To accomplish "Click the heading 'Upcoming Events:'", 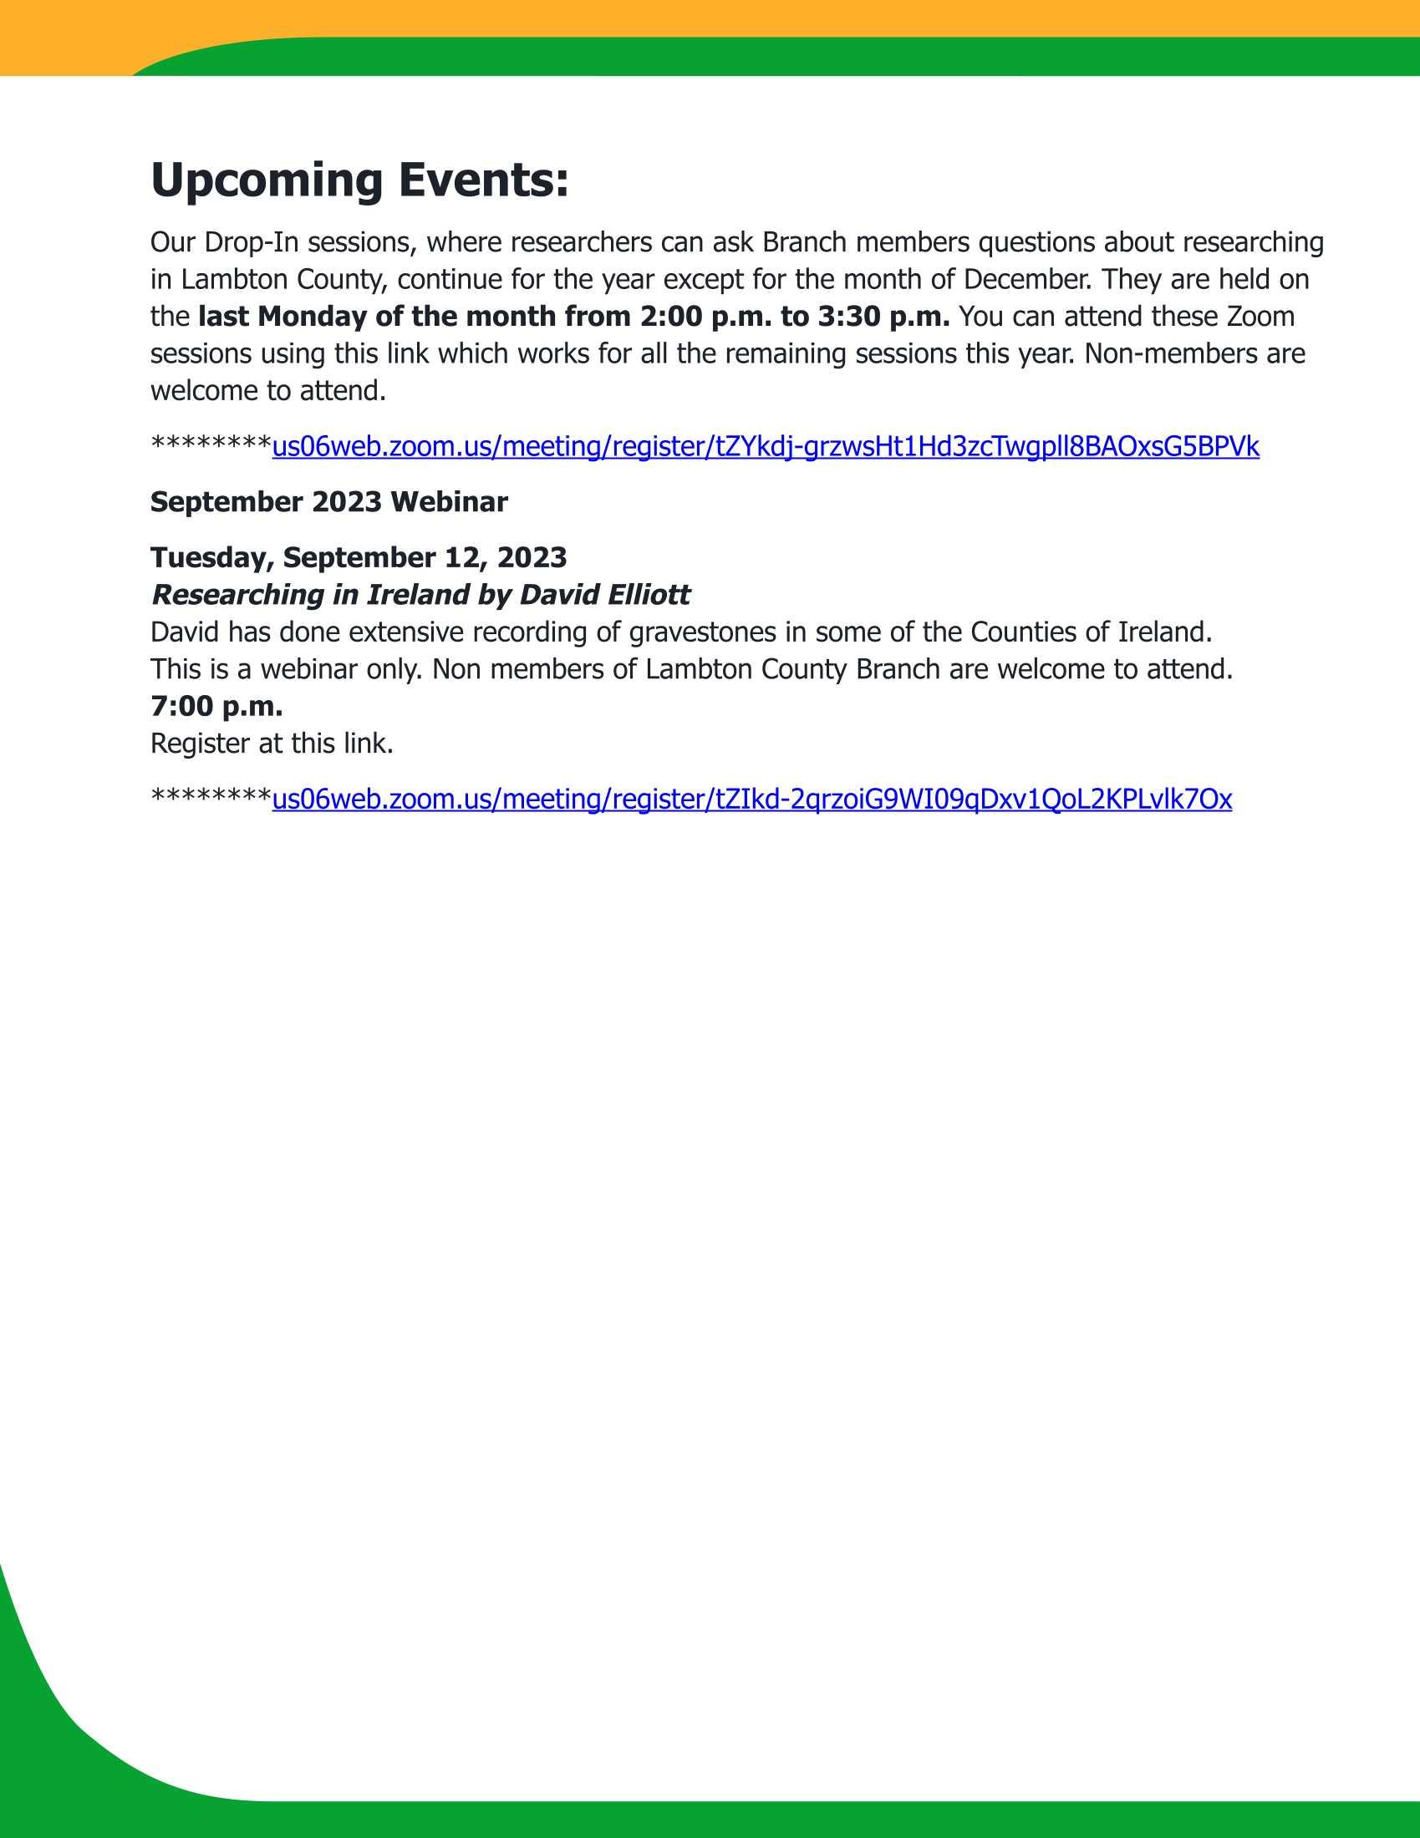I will tap(359, 180).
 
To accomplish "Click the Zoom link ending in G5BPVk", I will tap(765, 446).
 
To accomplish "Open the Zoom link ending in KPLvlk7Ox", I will tap(751, 799).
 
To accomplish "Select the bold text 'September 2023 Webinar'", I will tap(329, 501).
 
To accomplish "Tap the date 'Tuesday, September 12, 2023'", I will tap(359, 557).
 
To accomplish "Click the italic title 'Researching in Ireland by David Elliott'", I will tap(420, 595).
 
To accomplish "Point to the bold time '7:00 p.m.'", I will tap(216, 706).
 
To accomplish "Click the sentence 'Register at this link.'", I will tap(272, 743).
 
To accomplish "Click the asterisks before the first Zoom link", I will tap(211, 443).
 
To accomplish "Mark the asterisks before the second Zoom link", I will tap(211, 795).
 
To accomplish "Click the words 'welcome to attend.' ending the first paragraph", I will tap(267, 390).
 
